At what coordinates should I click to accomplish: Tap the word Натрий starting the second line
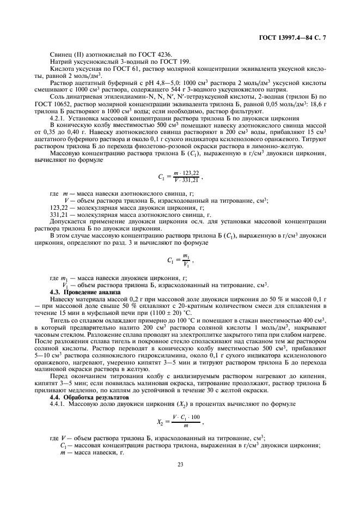pyautogui.click(x=61, y=62)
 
